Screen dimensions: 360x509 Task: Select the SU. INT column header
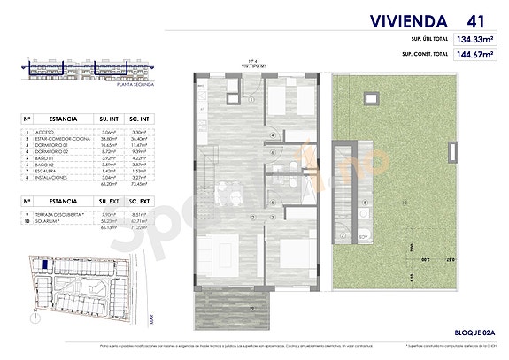click(108, 117)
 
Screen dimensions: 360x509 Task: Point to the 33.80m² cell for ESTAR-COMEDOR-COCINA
click(108, 136)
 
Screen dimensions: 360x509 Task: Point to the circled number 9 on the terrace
click(252, 307)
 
